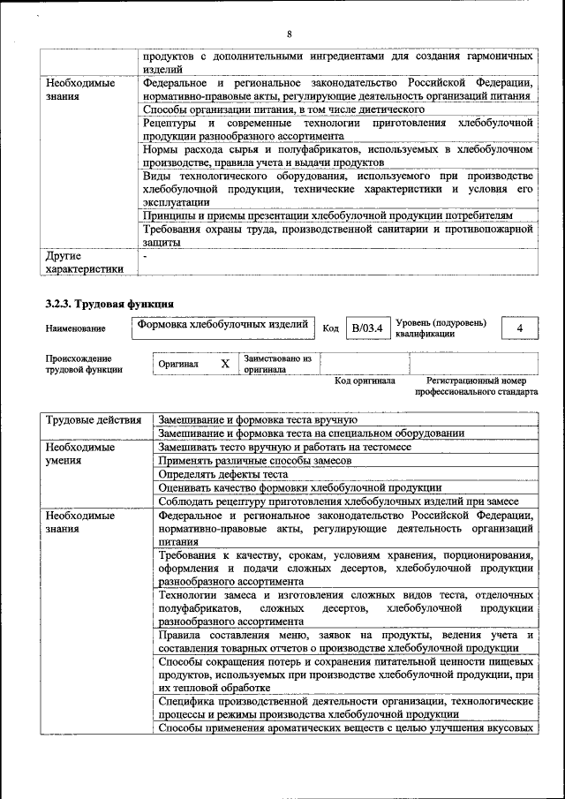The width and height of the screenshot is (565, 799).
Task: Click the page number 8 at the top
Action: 289,34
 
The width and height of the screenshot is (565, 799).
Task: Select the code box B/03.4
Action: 365,328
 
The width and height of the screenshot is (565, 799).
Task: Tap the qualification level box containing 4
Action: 520,328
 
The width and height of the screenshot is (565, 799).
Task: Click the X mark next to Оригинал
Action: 225,364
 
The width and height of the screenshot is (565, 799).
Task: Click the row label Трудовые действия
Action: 93,419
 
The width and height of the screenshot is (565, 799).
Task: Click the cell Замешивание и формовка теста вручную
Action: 257,419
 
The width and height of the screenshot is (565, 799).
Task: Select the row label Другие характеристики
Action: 84,262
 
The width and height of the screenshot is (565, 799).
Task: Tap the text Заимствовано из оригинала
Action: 277,364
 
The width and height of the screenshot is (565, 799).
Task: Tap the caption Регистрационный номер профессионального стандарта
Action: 476,386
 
